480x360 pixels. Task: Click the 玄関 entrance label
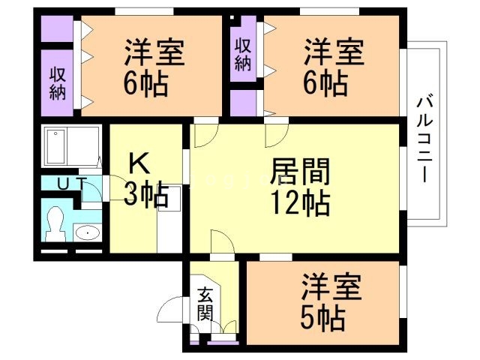click(x=205, y=304)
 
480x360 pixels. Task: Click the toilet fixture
click(x=54, y=223)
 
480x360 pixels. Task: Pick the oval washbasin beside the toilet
click(x=88, y=232)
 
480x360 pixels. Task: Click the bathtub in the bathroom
click(x=72, y=147)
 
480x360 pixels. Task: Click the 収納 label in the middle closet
click(x=241, y=54)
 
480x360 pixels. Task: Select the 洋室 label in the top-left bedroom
click(x=154, y=53)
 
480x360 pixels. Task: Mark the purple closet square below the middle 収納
click(x=241, y=103)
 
